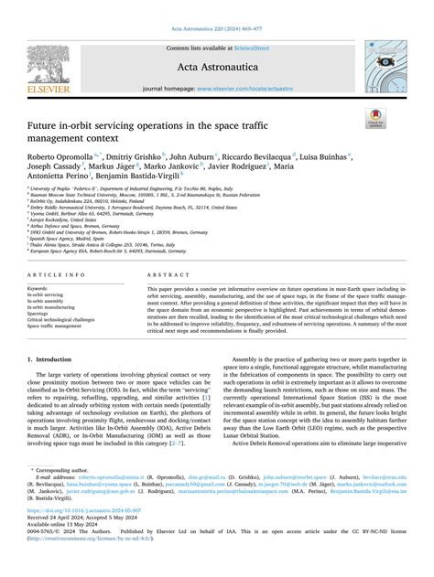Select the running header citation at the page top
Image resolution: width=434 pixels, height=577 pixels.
click(217, 6)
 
